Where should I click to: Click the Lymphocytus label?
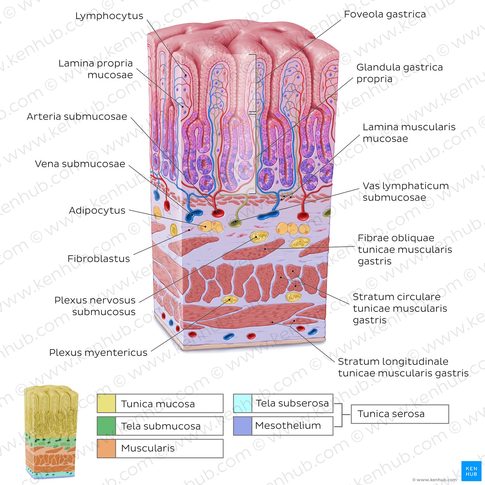pos(109,16)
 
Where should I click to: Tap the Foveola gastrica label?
pos(385,14)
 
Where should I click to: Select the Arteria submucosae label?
pos(77,116)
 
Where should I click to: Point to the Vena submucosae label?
pos(80,164)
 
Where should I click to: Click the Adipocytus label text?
pos(97,210)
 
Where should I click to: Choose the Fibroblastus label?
pos(99,259)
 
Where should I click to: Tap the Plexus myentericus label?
pos(98,353)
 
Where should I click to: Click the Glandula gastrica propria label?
pos(399,73)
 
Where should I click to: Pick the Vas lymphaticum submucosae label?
pos(406,192)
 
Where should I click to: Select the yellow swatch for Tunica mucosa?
pos(106,404)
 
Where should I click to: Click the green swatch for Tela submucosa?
pos(106,426)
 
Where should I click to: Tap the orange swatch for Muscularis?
pos(106,449)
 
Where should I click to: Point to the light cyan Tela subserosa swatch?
pos(242,403)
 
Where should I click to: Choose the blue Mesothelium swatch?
pos(242,426)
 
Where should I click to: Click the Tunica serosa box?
pos(400,414)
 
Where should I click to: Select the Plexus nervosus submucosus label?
pos(95,306)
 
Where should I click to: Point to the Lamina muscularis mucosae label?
pos(409,133)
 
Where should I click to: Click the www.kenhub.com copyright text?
pos(434,480)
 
